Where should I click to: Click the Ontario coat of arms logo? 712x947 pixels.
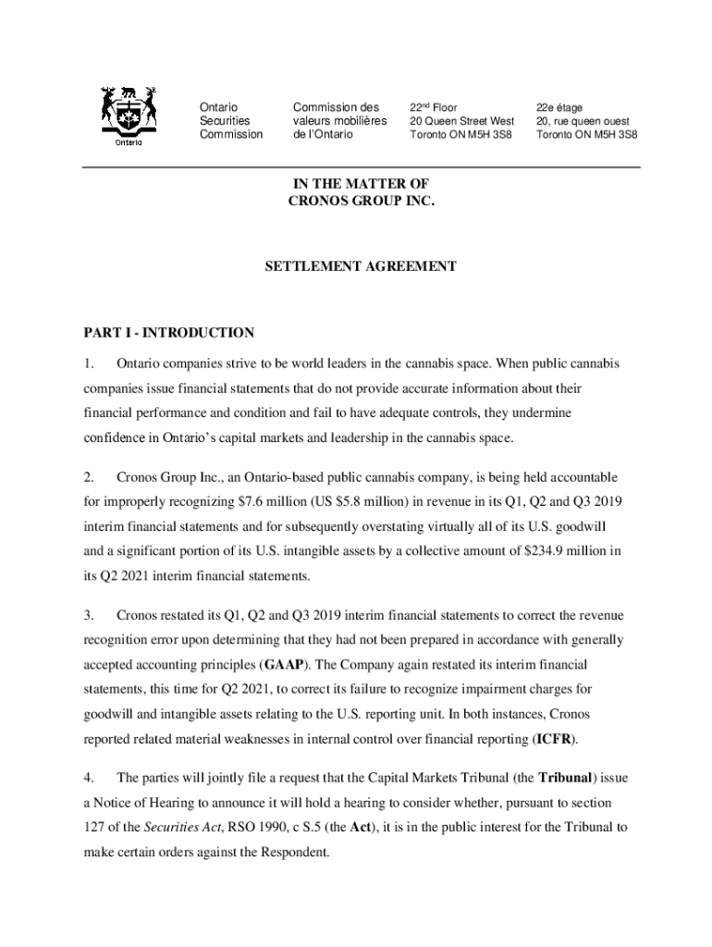click(129, 117)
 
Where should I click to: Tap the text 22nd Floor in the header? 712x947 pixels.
click(434, 108)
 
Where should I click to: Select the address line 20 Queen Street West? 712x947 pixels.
click(461, 121)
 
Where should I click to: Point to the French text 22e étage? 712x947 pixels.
click(559, 108)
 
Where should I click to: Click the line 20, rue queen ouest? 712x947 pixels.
click(583, 121)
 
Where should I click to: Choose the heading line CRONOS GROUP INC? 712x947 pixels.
click(361, 201)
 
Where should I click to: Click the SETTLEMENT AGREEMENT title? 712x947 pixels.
click(361, 266)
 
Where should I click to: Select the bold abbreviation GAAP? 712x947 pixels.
click(283, 665)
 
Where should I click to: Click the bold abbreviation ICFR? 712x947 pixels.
click(554, 739)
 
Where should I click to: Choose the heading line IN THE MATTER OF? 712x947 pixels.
click(361, 184)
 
